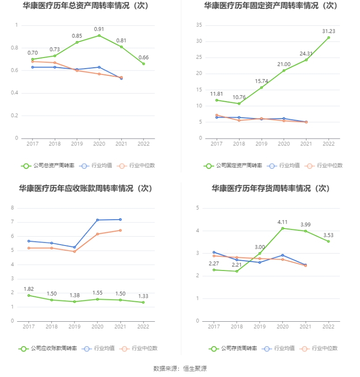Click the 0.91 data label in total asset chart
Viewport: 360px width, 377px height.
[x=99, y=29]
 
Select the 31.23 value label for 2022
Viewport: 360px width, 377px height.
[x=328, y=31]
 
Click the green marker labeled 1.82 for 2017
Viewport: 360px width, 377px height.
[x=29, y=295]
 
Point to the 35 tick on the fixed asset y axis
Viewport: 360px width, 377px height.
[x=199, y=25]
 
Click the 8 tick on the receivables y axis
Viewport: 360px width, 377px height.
[x=12, y=208]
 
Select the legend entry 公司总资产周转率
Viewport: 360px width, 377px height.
[x=48, y=166]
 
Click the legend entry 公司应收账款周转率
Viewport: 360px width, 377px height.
[x=48, y=348]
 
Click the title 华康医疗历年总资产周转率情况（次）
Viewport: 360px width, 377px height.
[x=86, y=6]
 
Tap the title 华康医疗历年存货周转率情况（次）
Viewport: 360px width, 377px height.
[x=270, y=188]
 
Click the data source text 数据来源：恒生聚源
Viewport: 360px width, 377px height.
[x=180, y=369]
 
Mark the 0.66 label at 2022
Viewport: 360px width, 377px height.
[x=144, y=57]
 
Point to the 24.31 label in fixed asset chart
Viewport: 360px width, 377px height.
[x=306, y=53]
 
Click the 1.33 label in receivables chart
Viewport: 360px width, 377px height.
[x=144, y=296]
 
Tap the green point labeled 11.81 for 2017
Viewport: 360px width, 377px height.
[x=217, y=100]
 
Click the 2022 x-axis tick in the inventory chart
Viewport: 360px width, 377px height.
[x=328, y=327]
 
